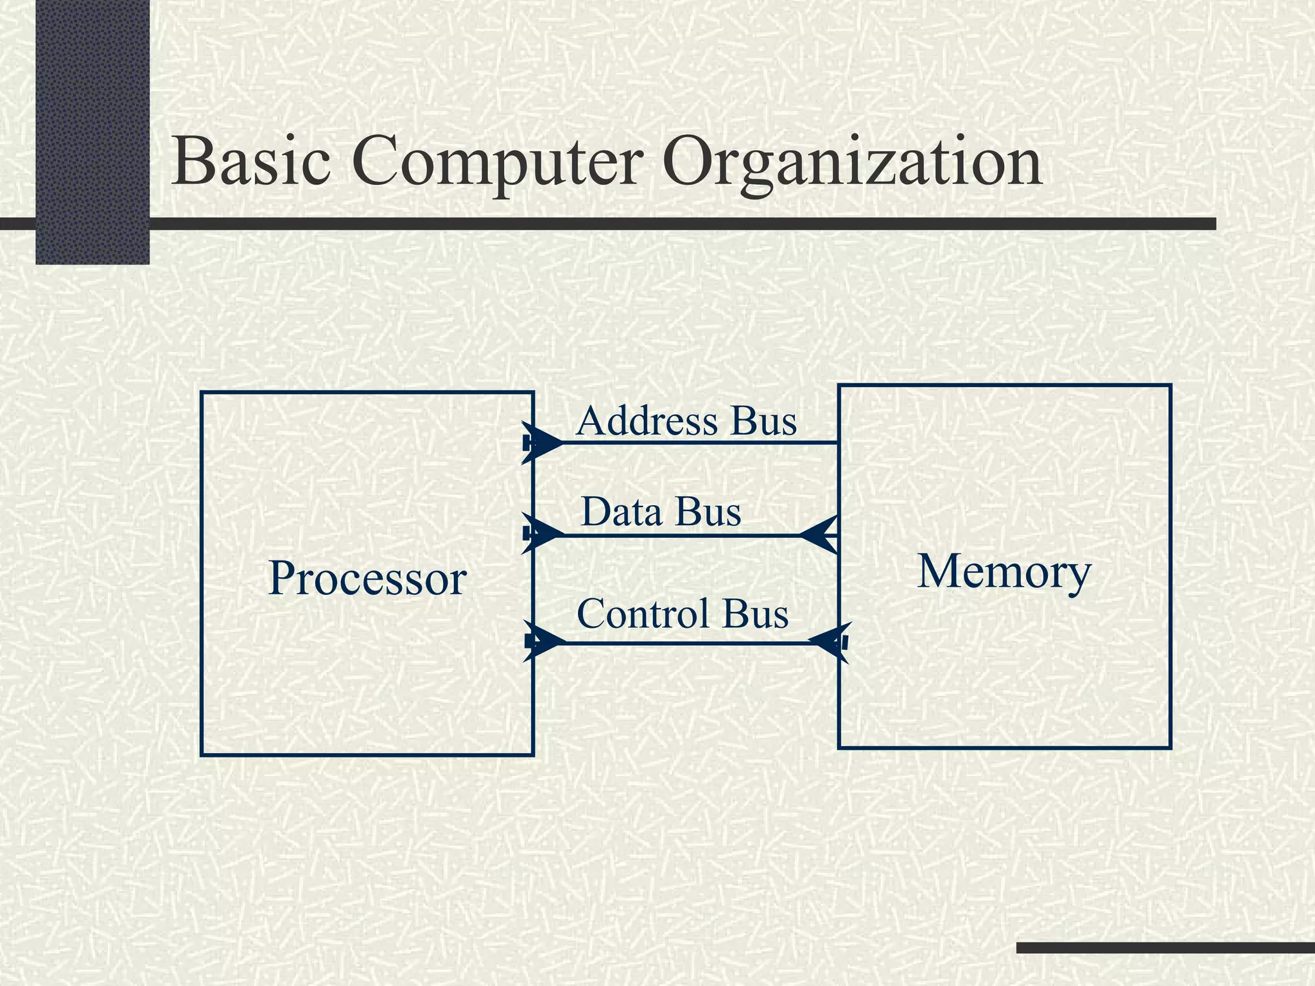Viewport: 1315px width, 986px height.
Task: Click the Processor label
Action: [367, 578]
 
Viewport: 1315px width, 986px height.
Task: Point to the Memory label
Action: [1004, 571]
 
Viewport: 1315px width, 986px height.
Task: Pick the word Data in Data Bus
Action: [621, 512]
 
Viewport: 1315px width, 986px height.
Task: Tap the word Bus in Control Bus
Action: [755, 614]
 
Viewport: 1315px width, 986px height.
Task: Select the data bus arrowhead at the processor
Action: [544, 533]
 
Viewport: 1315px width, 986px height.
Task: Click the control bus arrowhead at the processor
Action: [546, 641]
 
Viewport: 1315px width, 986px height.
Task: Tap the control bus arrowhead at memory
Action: [829, 641]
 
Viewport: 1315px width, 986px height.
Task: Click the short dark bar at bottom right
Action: [1165, 947]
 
